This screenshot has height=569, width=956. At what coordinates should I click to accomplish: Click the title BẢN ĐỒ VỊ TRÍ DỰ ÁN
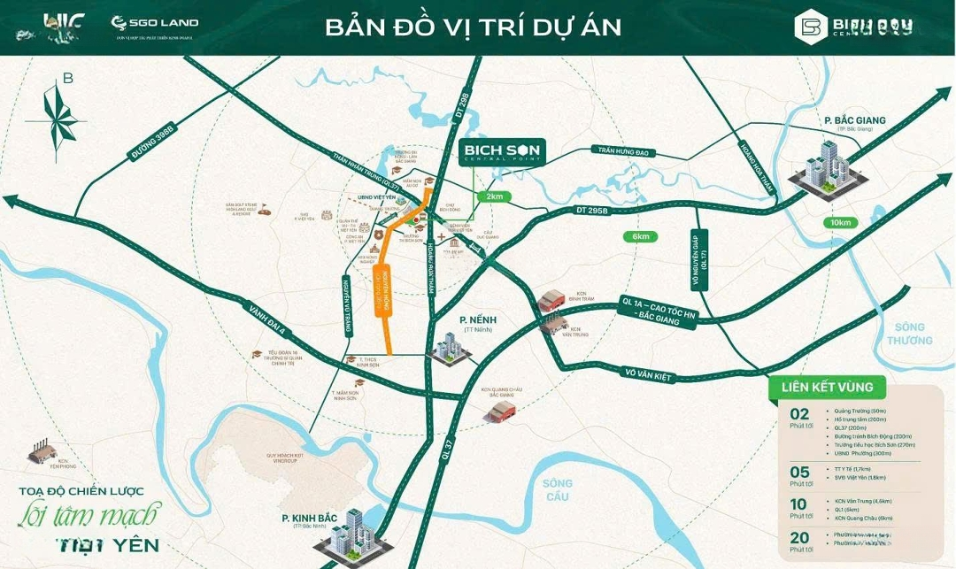[x=473, y=27]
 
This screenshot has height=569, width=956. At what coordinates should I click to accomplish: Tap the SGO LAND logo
[x=155, y=23]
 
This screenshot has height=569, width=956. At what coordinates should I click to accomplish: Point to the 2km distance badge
[x=494, y=196]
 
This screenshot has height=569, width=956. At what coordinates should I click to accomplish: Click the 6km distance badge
[x=640, y=236]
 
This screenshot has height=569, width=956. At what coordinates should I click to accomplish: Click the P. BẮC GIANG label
[x=854, y=121]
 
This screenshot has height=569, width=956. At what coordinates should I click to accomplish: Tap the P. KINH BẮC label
[x=311, y=518]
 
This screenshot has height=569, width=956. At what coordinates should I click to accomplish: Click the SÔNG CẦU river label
[x=559, y=489]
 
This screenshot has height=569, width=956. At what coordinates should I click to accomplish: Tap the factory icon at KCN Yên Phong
[x=44, y=450]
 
